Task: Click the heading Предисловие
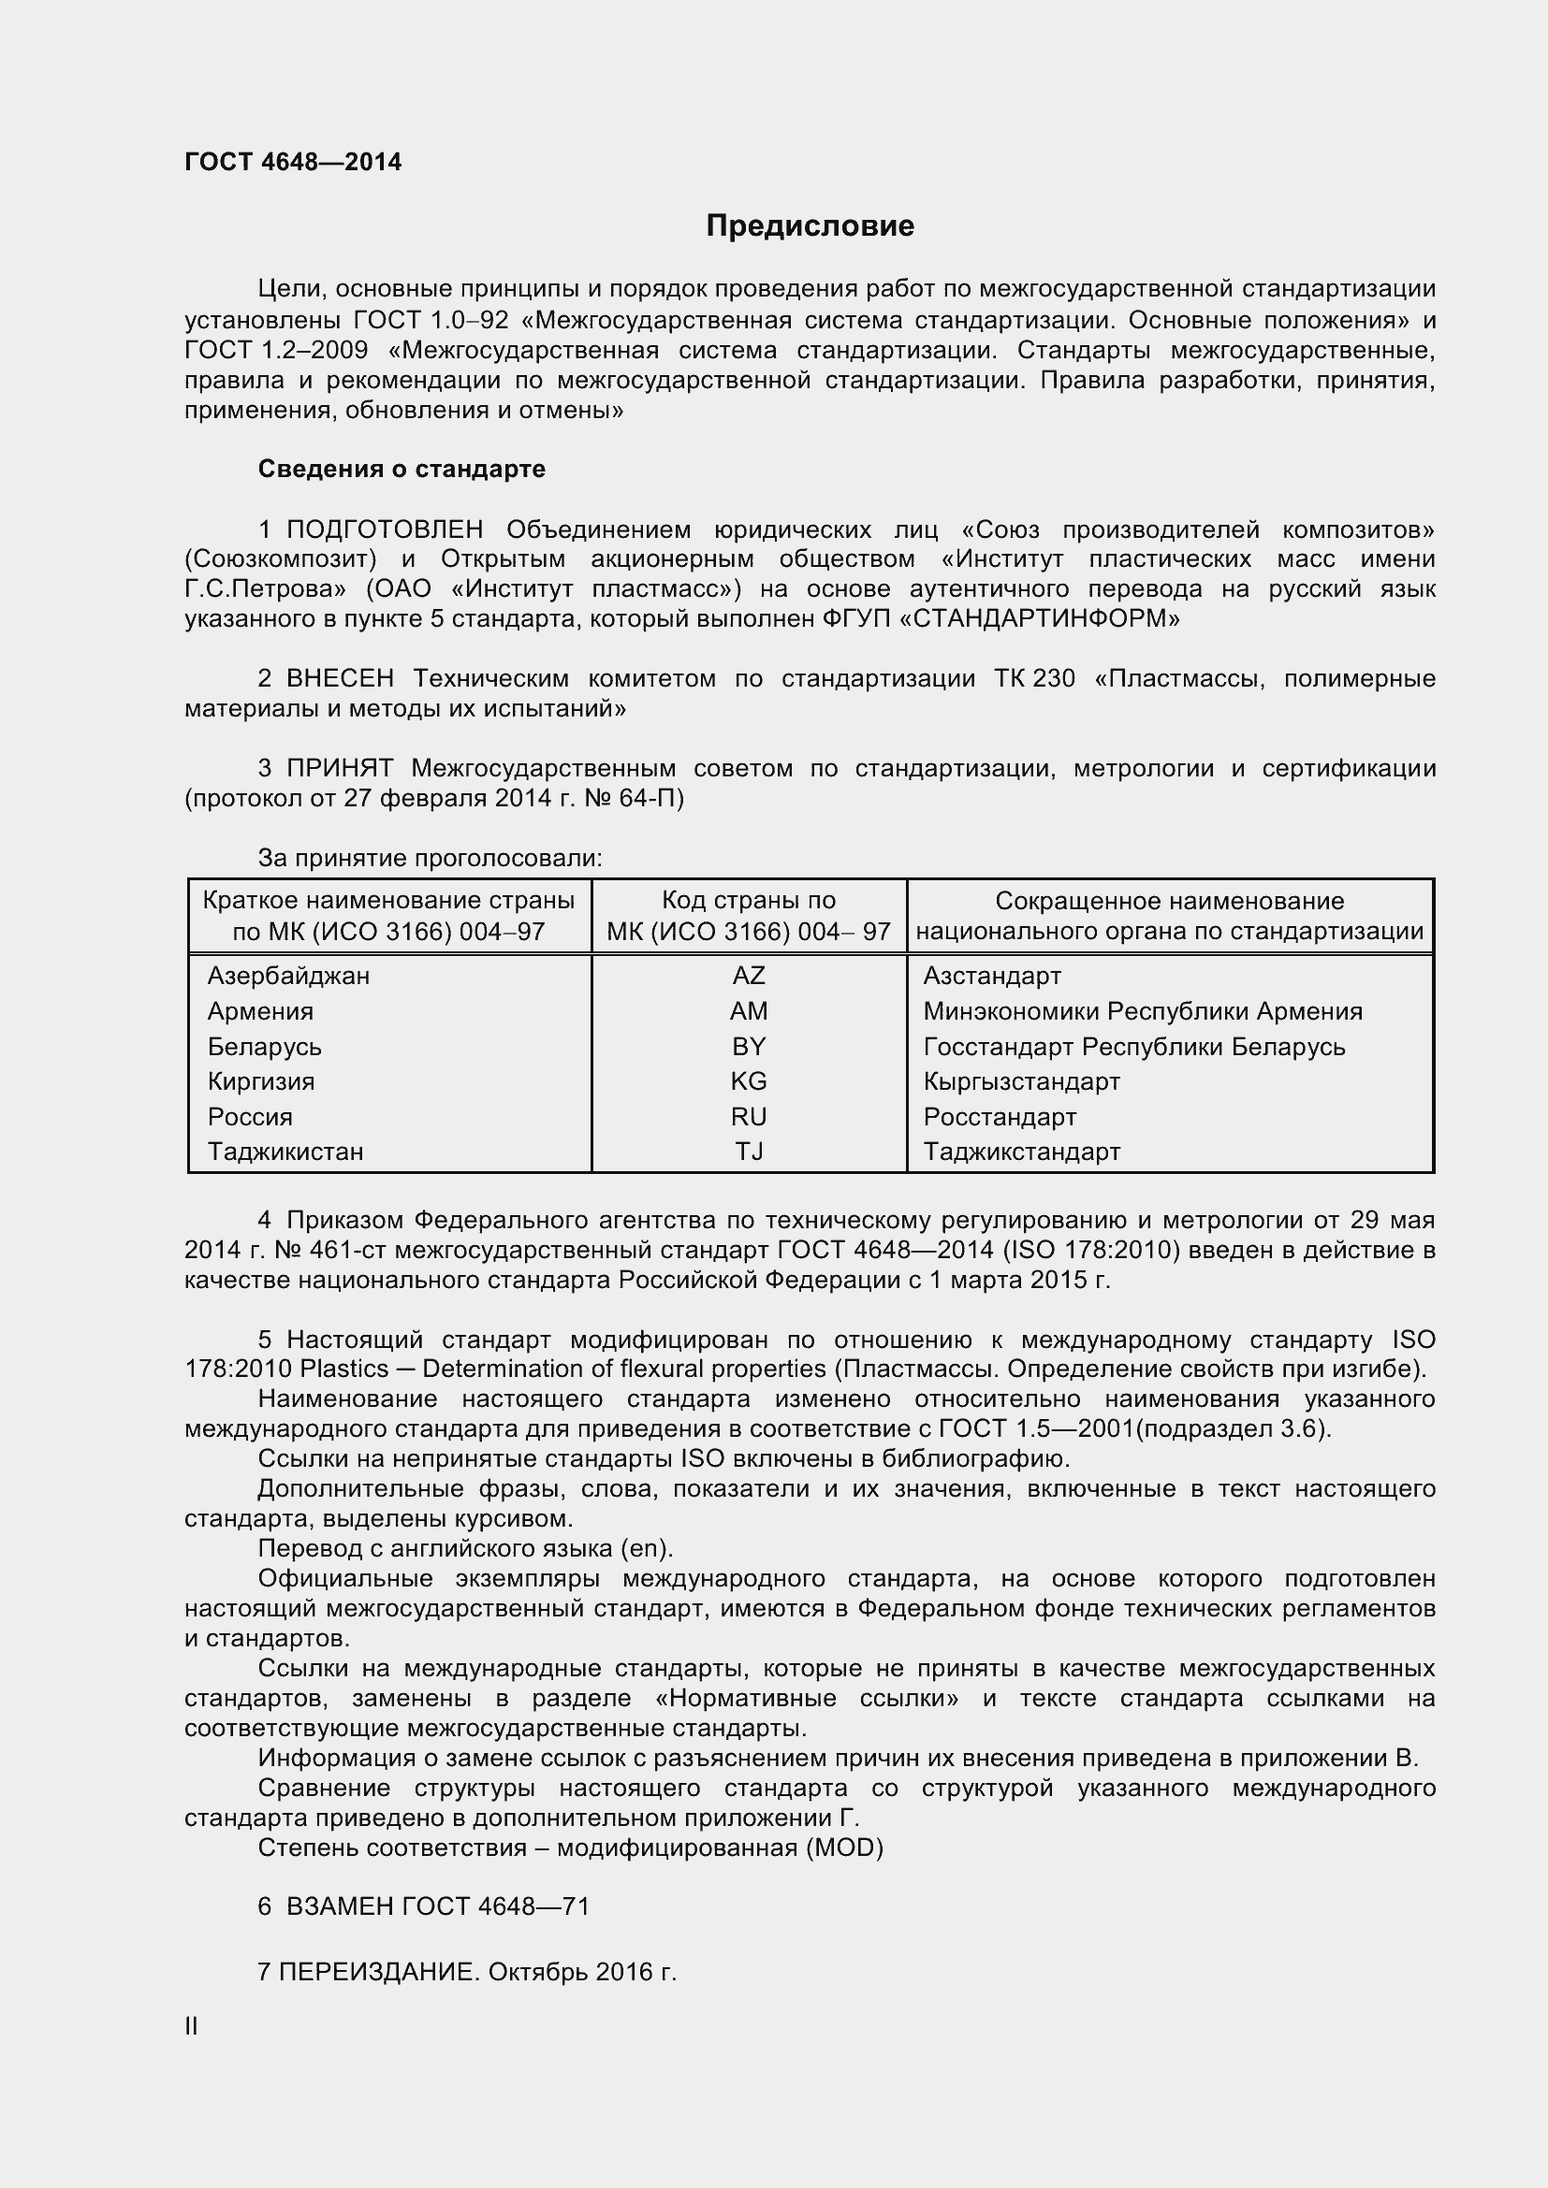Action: click(x=810, y=225)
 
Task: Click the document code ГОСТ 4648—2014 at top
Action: click(x=293, y=162)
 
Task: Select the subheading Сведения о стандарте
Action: click(x=402, y=469)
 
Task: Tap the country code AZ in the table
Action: click(x=749, y=976)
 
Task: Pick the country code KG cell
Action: click(x=749, y=1081)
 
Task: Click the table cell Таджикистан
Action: click(x=285, y=1152)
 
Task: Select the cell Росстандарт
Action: click(x=999, y=1117)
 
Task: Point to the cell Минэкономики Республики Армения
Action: click(x=1142, y=1011)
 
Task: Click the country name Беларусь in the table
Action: click(x=264, y=1047)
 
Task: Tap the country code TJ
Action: click(x=749, y=1152)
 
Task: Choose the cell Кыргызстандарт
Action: click(x=1021, y=1081)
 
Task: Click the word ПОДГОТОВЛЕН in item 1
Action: click(x=384, y=529)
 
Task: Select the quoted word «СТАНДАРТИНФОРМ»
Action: click(x=1039, y=618)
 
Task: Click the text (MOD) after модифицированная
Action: click(x=843, y=1847)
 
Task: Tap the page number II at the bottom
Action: click(x=191, y=2027)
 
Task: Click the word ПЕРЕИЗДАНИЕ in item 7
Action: click(x=379, y=1972)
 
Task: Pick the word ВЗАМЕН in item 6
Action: click(x=340, y=1905)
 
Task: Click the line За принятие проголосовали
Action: click(x=430, y=859)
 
